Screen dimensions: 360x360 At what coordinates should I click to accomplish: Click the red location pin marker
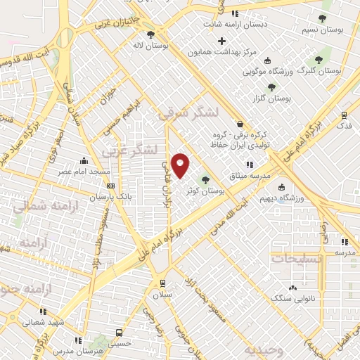click(x=180, y=166)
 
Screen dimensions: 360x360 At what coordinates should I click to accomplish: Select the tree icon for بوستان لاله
click(x=150, y=34)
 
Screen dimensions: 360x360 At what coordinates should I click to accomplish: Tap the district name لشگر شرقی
click(x=189, y=112)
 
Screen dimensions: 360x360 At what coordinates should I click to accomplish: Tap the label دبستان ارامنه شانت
click(x=235, y=25)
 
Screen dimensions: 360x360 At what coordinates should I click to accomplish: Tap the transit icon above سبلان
click(x=162, y=283)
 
